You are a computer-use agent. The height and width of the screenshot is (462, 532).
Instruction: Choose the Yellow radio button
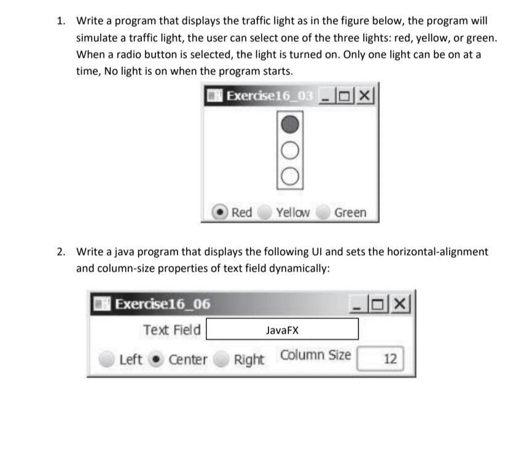(x=264, y=213)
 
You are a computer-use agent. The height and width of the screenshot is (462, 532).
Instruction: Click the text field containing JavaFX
(x=282, y=330)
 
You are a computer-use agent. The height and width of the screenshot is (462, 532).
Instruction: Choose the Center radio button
(x=157, y=359)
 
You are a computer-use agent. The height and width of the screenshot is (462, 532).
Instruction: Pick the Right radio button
(x=222, y=359)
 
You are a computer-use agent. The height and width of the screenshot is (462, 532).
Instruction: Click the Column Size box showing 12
(x=381, y=359)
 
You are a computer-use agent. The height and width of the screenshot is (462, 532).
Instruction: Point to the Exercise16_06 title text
(x=163, y=304)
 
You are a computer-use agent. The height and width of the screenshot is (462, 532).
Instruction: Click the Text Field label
(x=172, y=330)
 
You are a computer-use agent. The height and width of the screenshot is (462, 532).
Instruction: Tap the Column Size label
(x=316, y=355)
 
